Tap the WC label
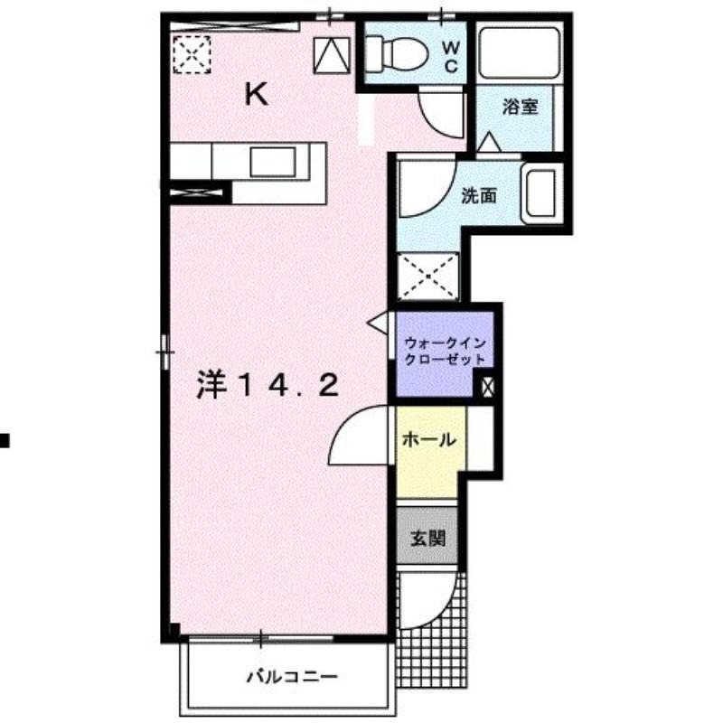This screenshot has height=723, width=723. [451, 57]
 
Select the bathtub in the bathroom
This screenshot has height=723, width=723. [519, 53]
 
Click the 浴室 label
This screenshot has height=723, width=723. [521, 107]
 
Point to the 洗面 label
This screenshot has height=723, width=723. [479, 196]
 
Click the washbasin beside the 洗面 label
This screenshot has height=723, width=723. [541, 193]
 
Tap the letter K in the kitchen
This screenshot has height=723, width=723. [257, 95]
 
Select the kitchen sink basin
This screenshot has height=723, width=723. [273, 162]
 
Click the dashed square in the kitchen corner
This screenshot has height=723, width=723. [192, 54]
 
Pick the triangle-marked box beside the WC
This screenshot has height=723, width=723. [332, 55]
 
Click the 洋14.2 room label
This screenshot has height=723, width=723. [268, 385]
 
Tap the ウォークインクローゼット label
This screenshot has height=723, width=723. [445, 351]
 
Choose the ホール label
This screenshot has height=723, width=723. [429, 439]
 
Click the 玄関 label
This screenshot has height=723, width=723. [427, 538]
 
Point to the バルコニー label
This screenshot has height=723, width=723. [292, 677]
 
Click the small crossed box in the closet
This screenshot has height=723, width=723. [487, 387]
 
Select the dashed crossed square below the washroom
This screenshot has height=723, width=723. [428, 277]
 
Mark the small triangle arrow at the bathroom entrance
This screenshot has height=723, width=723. [489, 142]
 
